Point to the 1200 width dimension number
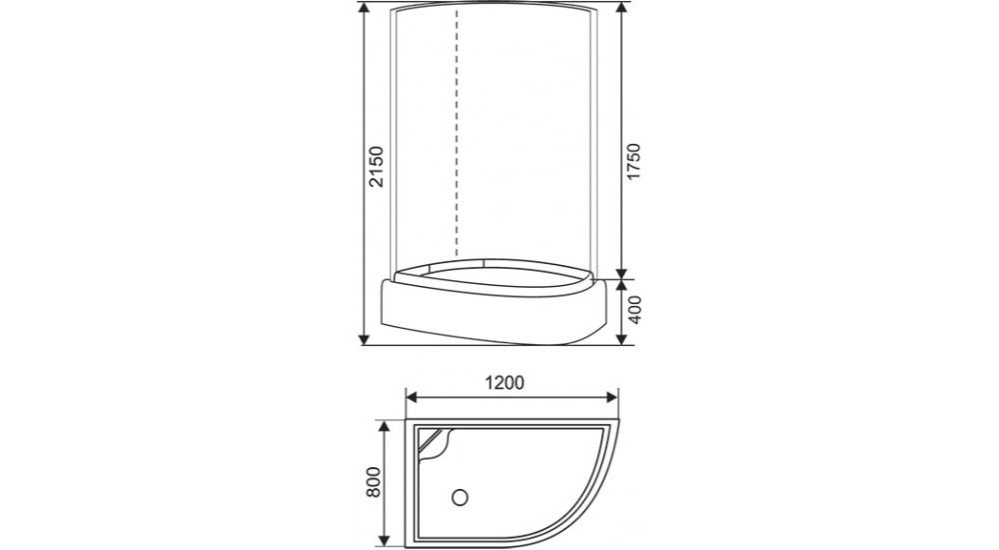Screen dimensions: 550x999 click(x=504, y=382)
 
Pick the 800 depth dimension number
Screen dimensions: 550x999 click(x=373, y=483)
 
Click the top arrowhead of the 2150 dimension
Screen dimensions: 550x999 click(x=365, y=10)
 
